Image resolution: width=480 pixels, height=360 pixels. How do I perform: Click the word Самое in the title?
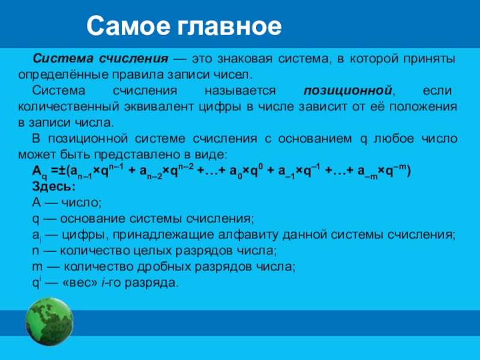point(128,26)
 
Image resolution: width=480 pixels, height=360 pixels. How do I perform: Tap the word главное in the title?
point(229,26)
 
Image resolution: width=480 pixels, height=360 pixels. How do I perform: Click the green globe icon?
point(49,322)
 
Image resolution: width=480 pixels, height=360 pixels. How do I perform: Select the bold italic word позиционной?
point(348,91)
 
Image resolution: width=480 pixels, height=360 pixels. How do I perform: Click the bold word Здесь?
point(54,187)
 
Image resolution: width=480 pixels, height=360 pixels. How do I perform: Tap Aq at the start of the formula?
point(40,172)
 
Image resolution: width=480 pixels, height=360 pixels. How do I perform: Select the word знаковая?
point(245,59)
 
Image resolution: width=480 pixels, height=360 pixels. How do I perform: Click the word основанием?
point(315,139)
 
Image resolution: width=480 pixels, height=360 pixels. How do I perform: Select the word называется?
point(240,91)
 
